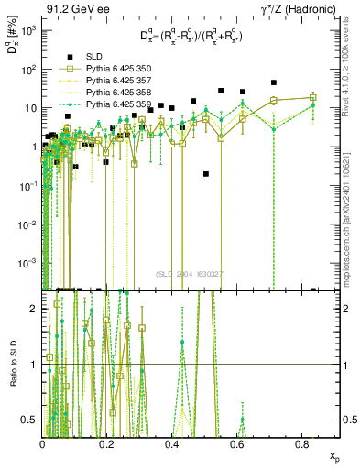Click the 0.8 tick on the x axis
[x=301, y=444]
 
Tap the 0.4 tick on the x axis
[x=172, y=444]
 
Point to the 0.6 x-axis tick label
[x=237, y=444]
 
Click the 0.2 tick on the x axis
[x=108, y=444]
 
